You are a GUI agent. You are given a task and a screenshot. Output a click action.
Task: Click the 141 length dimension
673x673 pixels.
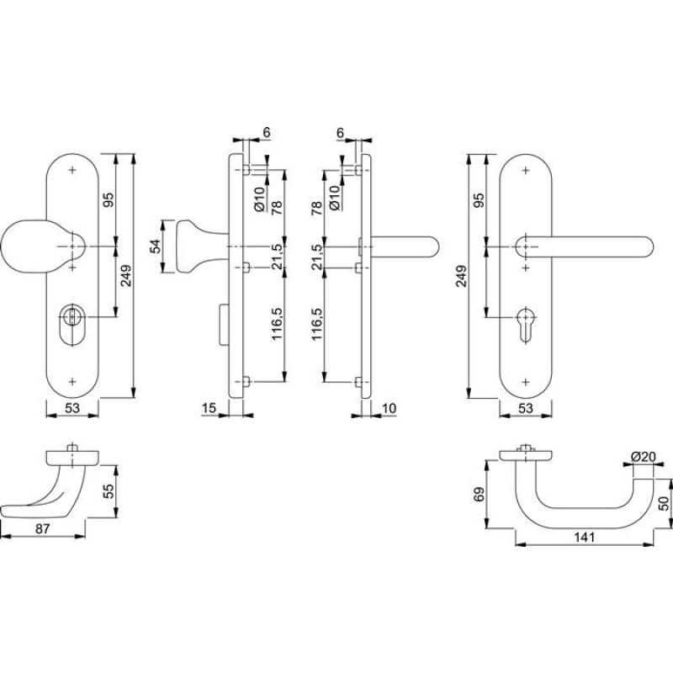584,538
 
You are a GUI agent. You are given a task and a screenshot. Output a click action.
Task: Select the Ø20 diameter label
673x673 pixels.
644,457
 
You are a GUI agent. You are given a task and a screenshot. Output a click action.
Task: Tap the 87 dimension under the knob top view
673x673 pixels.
43,529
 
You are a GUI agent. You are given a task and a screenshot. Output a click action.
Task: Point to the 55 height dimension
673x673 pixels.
109,491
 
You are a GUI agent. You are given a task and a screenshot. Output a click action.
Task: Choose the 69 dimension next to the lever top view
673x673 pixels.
480,494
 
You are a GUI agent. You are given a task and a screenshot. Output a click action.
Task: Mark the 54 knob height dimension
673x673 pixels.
155,246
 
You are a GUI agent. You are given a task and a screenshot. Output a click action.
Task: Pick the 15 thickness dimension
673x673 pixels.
209,408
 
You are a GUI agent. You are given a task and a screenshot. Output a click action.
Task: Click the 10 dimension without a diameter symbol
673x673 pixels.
389,408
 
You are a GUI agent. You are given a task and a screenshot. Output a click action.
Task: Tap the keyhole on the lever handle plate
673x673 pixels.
525,325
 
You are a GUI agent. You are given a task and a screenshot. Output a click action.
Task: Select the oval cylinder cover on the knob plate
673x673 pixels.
72,323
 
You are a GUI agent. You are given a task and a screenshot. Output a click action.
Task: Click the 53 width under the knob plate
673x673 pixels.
72,408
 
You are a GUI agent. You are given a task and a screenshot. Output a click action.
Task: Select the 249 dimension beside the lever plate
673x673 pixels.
461,277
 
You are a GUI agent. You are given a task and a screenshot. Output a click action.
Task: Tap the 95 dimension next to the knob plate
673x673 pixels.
109,200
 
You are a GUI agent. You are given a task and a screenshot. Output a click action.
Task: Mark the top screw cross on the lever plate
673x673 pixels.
525,171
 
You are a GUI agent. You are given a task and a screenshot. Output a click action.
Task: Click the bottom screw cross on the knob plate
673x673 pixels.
72,381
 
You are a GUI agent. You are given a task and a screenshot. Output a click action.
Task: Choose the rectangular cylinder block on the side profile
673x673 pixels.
223,324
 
